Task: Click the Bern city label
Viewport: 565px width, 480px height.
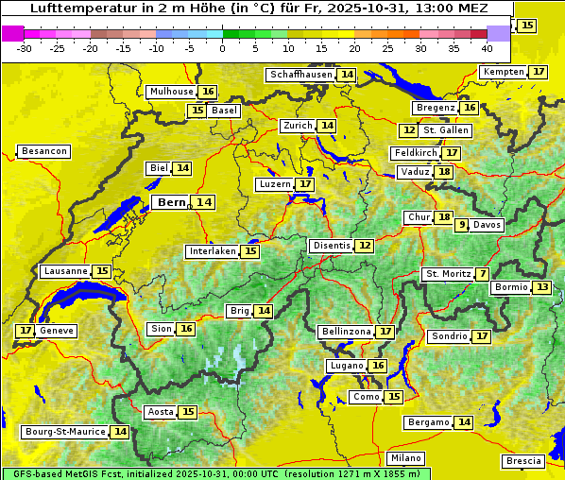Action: pyautogui.click(x=172, y=202)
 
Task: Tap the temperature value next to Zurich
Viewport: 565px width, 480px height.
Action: pyautogui.click(x=327, y=126)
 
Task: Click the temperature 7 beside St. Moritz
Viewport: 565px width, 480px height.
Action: pyautogui.click(x=483, y=274)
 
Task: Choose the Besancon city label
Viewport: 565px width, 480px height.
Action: pyautogui.click(x=44, y=151)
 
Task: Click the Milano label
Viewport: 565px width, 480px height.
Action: pyautogui.click(x=407, y=457)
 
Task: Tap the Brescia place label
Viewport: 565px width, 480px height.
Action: pyautogui.click(x=524, y=461)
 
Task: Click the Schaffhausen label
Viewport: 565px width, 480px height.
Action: pyautogui.click(x=300, y=75)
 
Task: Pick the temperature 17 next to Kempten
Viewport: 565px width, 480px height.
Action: pyautogui.click(x=539, y=72)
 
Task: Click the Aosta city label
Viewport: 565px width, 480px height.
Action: pyautogui.click(x=161, y=412)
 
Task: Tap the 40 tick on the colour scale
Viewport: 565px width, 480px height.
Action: pyautogui.click(x=487, y=48)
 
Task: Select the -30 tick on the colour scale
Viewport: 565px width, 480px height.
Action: pyautogui.click(x=25, y=48)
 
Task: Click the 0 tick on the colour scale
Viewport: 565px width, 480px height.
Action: pyautogui.click(x=223, y=48)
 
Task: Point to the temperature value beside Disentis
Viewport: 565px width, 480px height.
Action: pyautogui.click(x=364, y=246)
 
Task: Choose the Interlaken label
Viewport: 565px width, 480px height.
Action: pyautogui.click(x=212, y=251)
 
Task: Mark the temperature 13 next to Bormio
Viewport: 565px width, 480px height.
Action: pyautogui.click(x=541, y=287)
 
